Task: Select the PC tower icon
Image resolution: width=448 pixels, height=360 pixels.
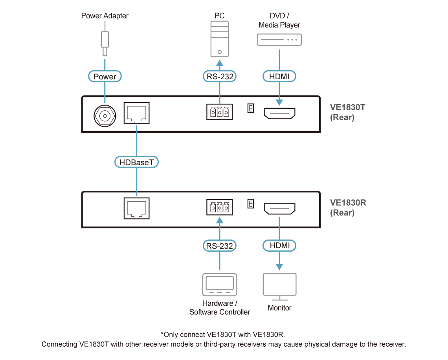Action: click(x=219, y=39)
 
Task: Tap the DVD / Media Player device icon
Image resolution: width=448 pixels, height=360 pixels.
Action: click(x=279, y=40)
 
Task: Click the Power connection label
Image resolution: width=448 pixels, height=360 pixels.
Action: click(x=105, y=76)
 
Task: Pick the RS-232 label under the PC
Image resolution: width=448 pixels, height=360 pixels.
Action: click(x=219, y=76)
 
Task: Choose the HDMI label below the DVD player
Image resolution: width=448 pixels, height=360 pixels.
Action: click(x=279, y=76)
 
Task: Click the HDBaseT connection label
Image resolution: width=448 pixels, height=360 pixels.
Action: click(x=137, y=162)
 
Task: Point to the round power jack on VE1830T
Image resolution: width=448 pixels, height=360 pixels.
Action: click(x=105, y=116)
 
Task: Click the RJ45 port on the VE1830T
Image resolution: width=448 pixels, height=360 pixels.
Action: click(x=137, y=113)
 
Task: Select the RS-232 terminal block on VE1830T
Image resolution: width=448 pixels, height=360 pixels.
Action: click(x=219, y=111)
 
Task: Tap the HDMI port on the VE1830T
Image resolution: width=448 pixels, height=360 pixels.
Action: click(x=279, y=113)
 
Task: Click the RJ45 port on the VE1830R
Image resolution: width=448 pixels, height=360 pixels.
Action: click(x=137, y=208)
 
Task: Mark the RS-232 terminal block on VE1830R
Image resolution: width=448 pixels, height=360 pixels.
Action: click(x=219, y=207)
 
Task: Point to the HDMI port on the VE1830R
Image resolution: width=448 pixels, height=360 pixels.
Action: click(x=279, y=208)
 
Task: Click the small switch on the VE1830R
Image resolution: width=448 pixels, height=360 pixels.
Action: click(x=251, y=203)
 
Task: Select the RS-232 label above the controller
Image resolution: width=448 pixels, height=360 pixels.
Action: click(x=219, y=246)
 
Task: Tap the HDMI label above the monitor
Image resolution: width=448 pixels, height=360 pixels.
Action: click(x=279, y=245)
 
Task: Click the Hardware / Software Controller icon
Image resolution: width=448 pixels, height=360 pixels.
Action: click(x=219, y=285)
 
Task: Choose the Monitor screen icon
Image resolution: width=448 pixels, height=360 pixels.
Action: click(x=279, y=287)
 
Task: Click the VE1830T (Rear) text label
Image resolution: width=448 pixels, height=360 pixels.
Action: click(x=347, y=112)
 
